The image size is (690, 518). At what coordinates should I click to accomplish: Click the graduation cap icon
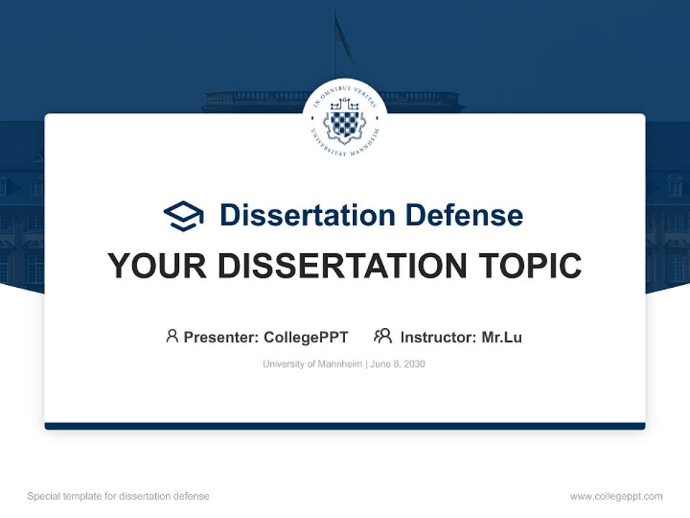183,216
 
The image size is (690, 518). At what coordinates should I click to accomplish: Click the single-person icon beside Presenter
172,336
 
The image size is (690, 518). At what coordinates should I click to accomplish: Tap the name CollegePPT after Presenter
306,337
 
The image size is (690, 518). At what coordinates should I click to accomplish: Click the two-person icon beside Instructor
382,336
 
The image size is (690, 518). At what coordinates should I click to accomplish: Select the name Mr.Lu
502,337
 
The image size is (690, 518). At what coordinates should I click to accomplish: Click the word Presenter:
221,337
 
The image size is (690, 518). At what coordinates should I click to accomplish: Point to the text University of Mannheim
313,364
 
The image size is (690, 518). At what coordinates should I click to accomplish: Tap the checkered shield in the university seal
344,122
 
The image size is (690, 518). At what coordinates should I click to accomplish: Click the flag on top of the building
343,40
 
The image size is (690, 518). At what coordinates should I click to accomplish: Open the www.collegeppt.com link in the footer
616,496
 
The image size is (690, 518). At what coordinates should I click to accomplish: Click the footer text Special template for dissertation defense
119,496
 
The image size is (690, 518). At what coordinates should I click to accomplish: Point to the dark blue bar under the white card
345,426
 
